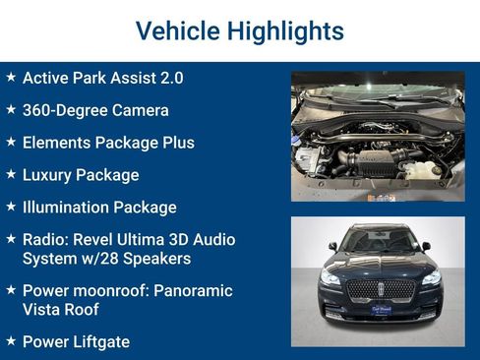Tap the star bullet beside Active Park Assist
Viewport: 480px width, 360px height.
[x=10, y=77]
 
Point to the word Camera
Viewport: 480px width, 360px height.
[x=138, y=110]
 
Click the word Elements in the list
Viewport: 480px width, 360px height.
[x=55, y=143]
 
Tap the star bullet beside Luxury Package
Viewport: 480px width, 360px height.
[x=10, y=174]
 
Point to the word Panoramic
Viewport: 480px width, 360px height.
[x=194, y=291]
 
